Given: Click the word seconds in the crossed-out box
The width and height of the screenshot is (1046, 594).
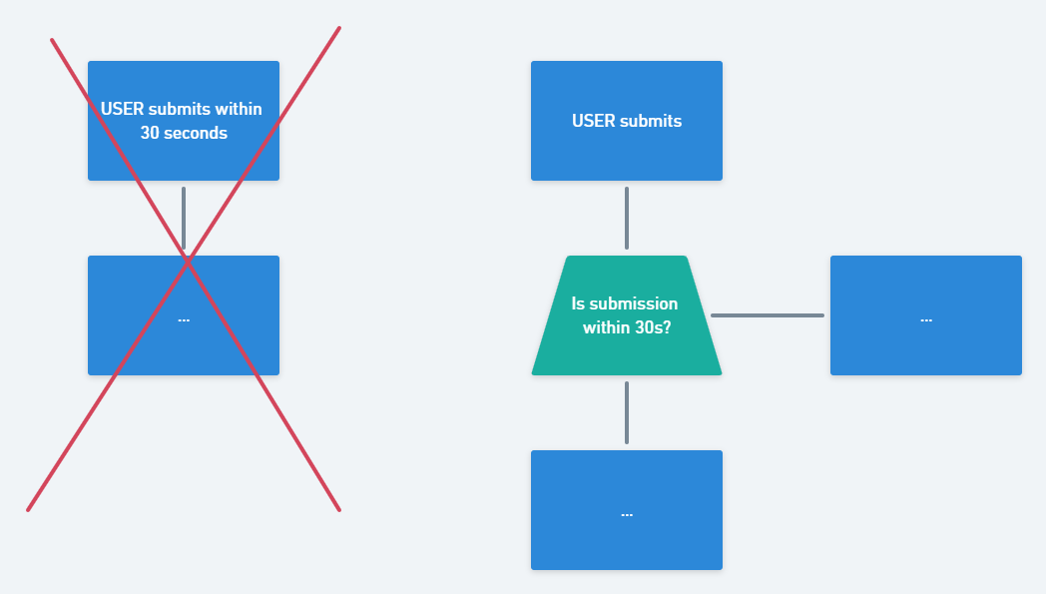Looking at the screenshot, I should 197,133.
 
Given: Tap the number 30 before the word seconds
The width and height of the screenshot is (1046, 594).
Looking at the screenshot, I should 151,133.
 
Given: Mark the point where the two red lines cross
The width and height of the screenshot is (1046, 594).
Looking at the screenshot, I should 188,261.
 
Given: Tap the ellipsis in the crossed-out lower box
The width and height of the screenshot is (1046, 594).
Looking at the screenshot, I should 184,319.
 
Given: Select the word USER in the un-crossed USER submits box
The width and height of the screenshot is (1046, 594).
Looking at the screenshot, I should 594,121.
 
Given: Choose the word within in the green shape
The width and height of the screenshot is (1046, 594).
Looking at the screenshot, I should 607,326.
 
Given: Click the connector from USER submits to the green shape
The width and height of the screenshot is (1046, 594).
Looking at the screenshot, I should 627,218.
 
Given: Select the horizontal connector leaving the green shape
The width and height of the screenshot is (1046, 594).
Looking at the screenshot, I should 767,315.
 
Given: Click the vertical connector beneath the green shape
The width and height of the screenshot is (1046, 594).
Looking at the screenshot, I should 627,412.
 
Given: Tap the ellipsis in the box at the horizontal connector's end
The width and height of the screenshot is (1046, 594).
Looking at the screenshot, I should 926,319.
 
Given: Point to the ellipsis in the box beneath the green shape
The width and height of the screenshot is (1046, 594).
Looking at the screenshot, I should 627,514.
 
